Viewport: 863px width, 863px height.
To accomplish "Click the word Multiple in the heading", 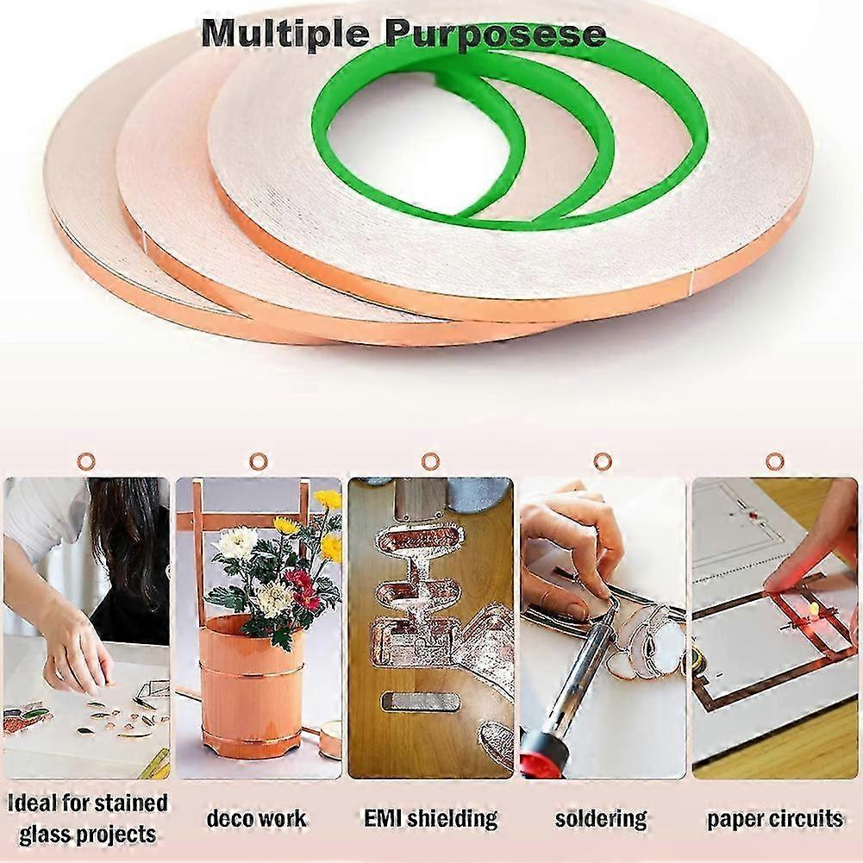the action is tap(285, 34).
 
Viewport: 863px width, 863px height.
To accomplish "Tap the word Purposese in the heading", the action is tap(496, 35).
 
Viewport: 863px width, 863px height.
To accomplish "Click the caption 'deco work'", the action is tap(256, 818).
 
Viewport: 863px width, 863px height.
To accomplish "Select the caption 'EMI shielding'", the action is tap(430, 818).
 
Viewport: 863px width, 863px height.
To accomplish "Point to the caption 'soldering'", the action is tap(601, 819).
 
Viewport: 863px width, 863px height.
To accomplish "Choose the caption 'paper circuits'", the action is tap(775, 820).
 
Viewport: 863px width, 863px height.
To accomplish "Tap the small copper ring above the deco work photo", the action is tap(258, 461).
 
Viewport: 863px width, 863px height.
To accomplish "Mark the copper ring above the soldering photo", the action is tap(602, 461).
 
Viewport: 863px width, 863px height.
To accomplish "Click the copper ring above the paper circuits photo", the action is tap(774, 461).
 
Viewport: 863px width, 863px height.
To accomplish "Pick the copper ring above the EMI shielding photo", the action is tap(430, 461).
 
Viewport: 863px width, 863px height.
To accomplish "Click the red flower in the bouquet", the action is tap(302, 589).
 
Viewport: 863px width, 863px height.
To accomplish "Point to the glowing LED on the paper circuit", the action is tap(814, 608).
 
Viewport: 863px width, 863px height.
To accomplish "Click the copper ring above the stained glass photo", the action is tap(86, 461).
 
